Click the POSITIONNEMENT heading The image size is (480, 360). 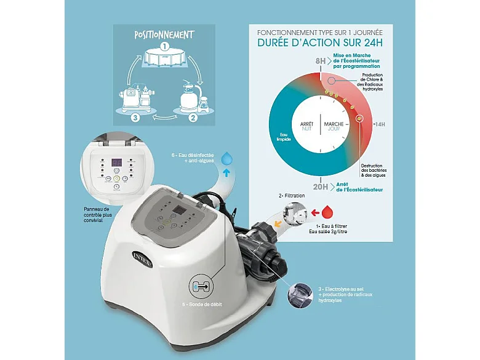click(164, 34)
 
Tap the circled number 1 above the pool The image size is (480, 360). click(164, 46)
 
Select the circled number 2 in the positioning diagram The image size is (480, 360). click(192, 117)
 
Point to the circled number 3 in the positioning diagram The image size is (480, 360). click(135, 117)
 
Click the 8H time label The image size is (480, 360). click(319, 61)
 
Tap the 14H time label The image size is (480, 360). click(379, 124)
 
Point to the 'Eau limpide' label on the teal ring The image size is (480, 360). click(284, 137)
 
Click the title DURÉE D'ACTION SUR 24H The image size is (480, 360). click(320, 44)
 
